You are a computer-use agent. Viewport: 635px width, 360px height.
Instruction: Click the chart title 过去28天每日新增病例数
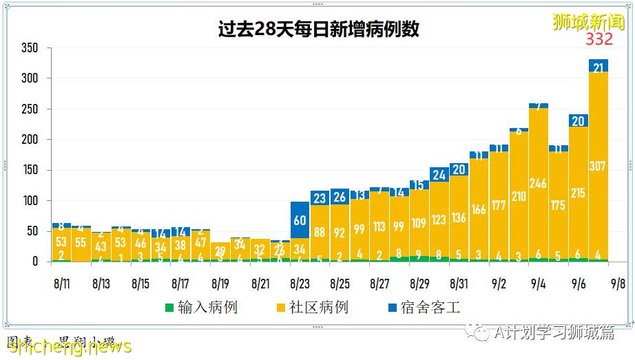[x=317, y=30]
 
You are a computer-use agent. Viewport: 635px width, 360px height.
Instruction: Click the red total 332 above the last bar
[x=599, y=39]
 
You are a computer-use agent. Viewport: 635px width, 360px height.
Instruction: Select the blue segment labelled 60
[x=300, y=220]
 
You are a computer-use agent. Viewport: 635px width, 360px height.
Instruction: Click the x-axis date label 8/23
[x=300, y=284]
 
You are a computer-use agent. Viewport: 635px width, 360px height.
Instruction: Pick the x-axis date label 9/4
[x=539, y=284]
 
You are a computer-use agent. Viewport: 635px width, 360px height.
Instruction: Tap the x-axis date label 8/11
[x=61, y=284]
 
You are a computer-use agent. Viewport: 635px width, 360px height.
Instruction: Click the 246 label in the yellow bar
[x=539, y=183]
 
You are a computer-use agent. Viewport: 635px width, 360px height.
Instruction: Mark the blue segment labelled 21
[x=598, y=67]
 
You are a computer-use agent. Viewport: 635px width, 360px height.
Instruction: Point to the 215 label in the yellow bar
[x=579, y=193]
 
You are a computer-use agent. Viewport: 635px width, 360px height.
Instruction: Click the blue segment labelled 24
[x=439, y=175]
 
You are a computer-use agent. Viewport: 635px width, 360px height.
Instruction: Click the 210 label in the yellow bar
[x=519, y=197]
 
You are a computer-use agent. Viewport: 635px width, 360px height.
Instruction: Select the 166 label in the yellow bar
[x=479, y=209]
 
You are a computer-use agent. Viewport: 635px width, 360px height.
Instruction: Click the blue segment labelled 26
[x=340, y=198]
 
